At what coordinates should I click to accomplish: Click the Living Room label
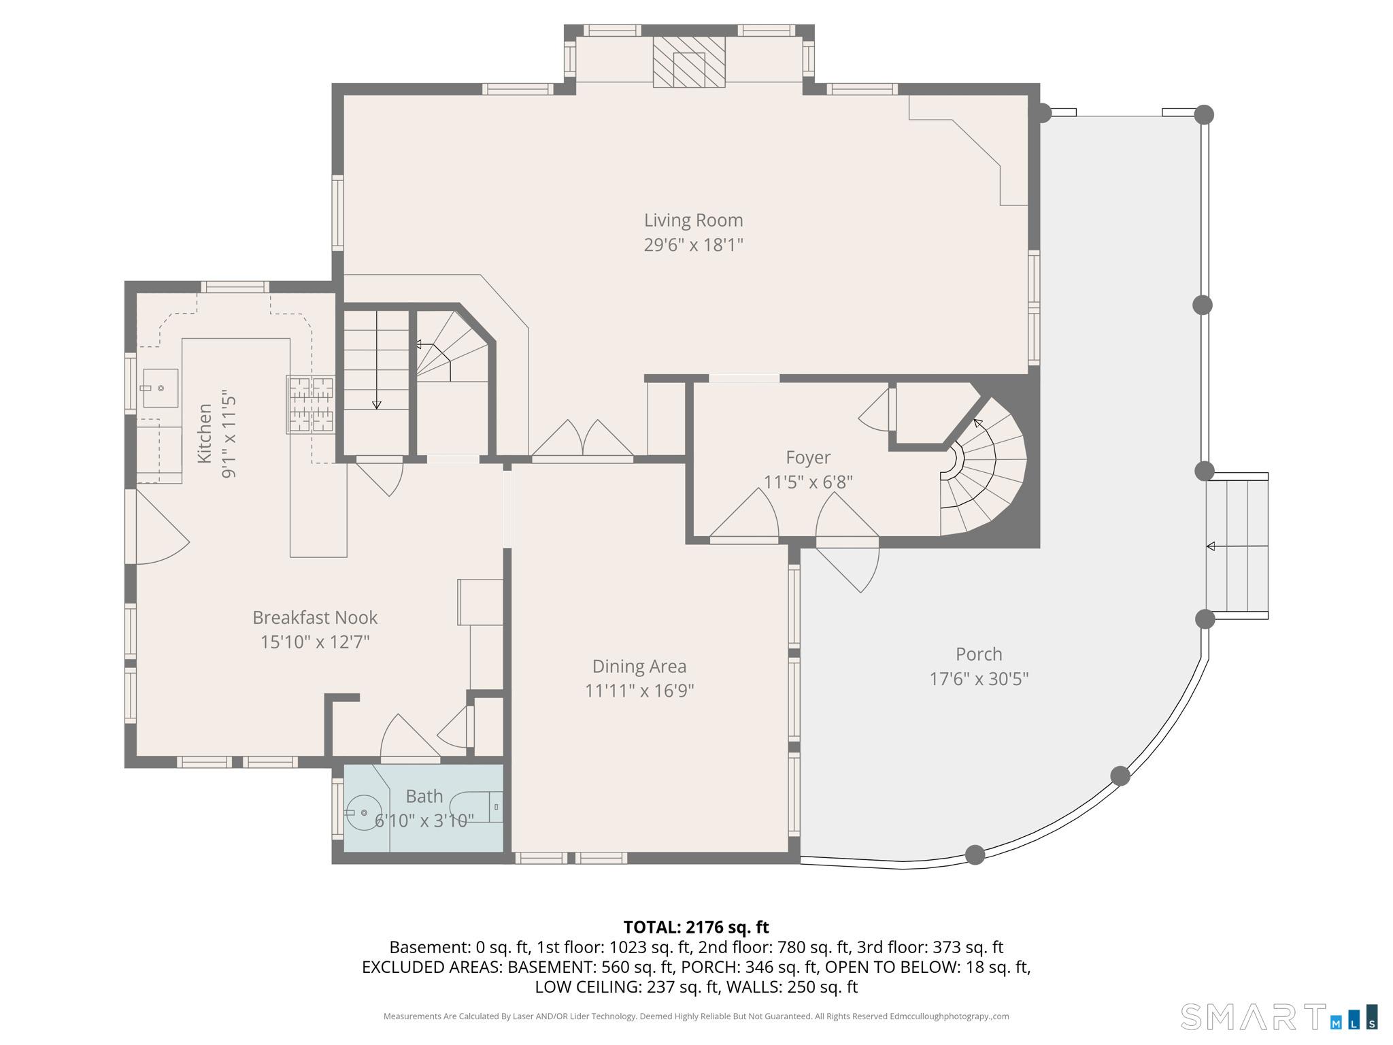tap(693, 220)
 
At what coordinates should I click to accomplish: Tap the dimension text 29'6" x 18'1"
tap(693, 244)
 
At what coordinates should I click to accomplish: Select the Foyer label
tap(808, 457)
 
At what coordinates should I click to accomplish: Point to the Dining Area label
tap(639, 666)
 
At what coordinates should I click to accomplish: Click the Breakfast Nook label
tap(315, 617)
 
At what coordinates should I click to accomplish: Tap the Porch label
tap(979, 654)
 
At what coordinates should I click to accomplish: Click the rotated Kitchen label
tap(204, 434)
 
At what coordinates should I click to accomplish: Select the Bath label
tap(424, 796)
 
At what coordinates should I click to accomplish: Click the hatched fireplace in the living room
tap(689, 62)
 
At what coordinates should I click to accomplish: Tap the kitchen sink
tap(161, 388)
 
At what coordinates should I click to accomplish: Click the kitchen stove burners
tap(311, 405)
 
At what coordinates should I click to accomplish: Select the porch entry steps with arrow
tap(1237, 546)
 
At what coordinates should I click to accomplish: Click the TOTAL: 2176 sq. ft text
tap(696, 927)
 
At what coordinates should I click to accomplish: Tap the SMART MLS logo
tap(1279, 1016)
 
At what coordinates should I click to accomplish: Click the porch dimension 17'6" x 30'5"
tap(979, 678)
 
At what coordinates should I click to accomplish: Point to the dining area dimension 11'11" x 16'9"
tap(639, 691)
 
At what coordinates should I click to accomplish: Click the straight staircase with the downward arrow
tap(376, 382)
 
